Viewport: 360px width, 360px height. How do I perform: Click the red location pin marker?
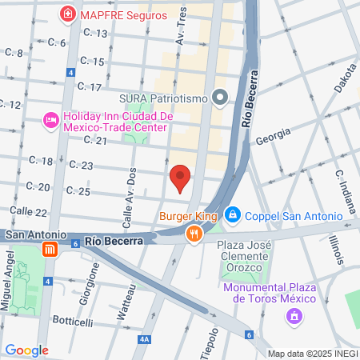click(180, 178)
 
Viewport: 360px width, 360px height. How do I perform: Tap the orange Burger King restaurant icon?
click(194, 234)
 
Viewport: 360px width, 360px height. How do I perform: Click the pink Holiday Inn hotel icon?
click(51, 121)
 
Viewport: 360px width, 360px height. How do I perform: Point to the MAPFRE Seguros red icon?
click(69, 14)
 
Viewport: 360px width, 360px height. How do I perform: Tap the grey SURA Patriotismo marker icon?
click(222, 98)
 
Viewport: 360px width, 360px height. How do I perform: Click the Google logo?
click(26, 350)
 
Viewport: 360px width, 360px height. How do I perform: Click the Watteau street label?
click(122, 305)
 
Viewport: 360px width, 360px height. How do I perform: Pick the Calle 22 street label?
click(30, 212)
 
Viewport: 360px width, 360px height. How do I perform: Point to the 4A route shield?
click(144, 340)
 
